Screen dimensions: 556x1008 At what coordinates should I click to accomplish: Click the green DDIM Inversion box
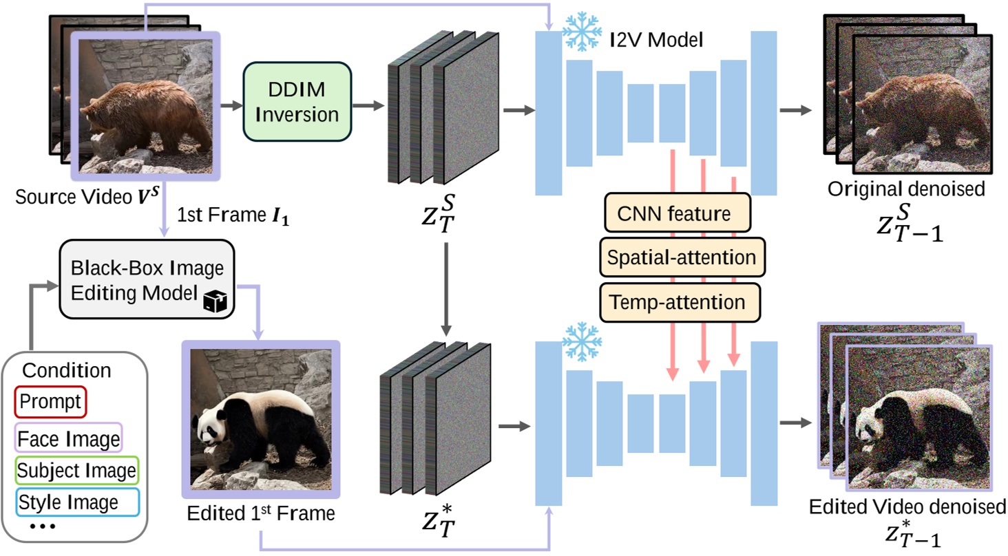(297, 102)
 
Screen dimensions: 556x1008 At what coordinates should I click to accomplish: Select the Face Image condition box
(68, 436)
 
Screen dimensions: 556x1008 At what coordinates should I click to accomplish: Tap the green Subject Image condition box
(76, 470)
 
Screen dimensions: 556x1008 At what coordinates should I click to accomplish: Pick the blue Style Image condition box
(76, 502)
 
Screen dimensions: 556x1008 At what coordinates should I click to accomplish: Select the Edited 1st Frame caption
(260, 513)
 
